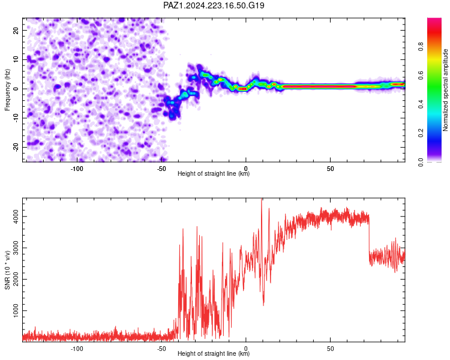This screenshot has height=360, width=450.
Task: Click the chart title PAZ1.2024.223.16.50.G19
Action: [214, 5]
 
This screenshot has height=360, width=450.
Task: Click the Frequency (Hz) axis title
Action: [7, 89]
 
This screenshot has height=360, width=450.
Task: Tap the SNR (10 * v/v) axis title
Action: [7, 270]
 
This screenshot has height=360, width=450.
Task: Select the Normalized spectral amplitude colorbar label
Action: [445, 90]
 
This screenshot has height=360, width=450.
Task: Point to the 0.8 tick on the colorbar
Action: [421, 46]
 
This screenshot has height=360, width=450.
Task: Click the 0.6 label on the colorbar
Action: [421, 76]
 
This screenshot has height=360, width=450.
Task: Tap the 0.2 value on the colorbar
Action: [421, 133]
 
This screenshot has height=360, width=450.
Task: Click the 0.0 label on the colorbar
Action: [421, 162]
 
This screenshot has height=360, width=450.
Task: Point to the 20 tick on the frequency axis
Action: [16, 30]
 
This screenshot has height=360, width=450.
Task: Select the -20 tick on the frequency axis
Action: [16, 148]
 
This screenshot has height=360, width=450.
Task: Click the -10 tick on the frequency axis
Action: [16, 118]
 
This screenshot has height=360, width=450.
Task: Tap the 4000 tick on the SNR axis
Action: [16, 217]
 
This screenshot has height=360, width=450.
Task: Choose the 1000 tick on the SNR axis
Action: [16, 311]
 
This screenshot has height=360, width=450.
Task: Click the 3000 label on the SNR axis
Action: [16, 248]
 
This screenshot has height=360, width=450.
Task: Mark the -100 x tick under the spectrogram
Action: [77, 169]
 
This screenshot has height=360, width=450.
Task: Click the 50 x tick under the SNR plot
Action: [331, 349]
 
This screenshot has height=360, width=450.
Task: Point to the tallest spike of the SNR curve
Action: [262, 199]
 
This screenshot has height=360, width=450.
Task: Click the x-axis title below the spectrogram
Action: [214, 173]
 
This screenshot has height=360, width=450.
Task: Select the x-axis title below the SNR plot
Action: [214, 353]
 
